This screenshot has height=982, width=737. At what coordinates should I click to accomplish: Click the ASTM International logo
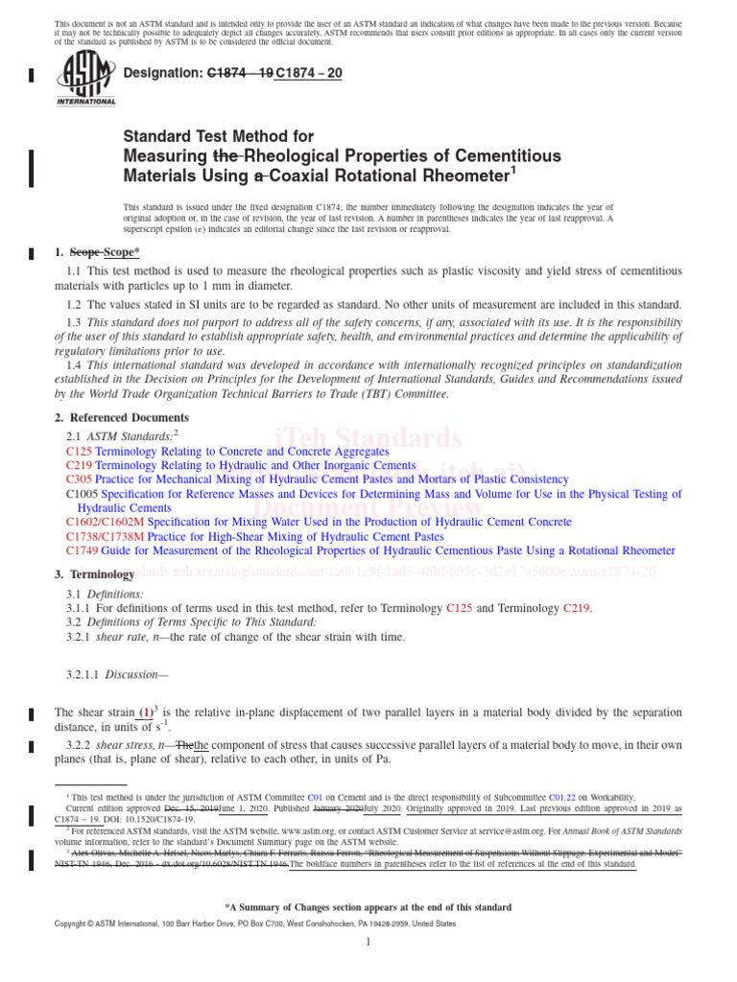pyautogui.click(x=86, y=79)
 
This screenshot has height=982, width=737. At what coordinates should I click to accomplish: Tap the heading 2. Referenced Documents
pyautogui.click(x=122, y=418)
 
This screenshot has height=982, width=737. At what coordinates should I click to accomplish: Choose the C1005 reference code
pyautogui.click(x=83, y=494)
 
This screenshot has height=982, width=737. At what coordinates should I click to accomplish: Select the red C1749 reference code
pyautogui.click(x=83, y=551)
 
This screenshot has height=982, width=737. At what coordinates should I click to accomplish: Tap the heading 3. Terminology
pyautogui.click(x=95, y=574)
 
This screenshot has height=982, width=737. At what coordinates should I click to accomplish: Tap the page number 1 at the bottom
pyautogui.click(x=368, y=944)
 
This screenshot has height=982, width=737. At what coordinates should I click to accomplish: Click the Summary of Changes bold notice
pyautogui.click(x=368, y=907)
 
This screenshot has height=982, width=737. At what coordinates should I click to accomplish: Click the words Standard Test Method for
pyautogui.click(x=219, y=137)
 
